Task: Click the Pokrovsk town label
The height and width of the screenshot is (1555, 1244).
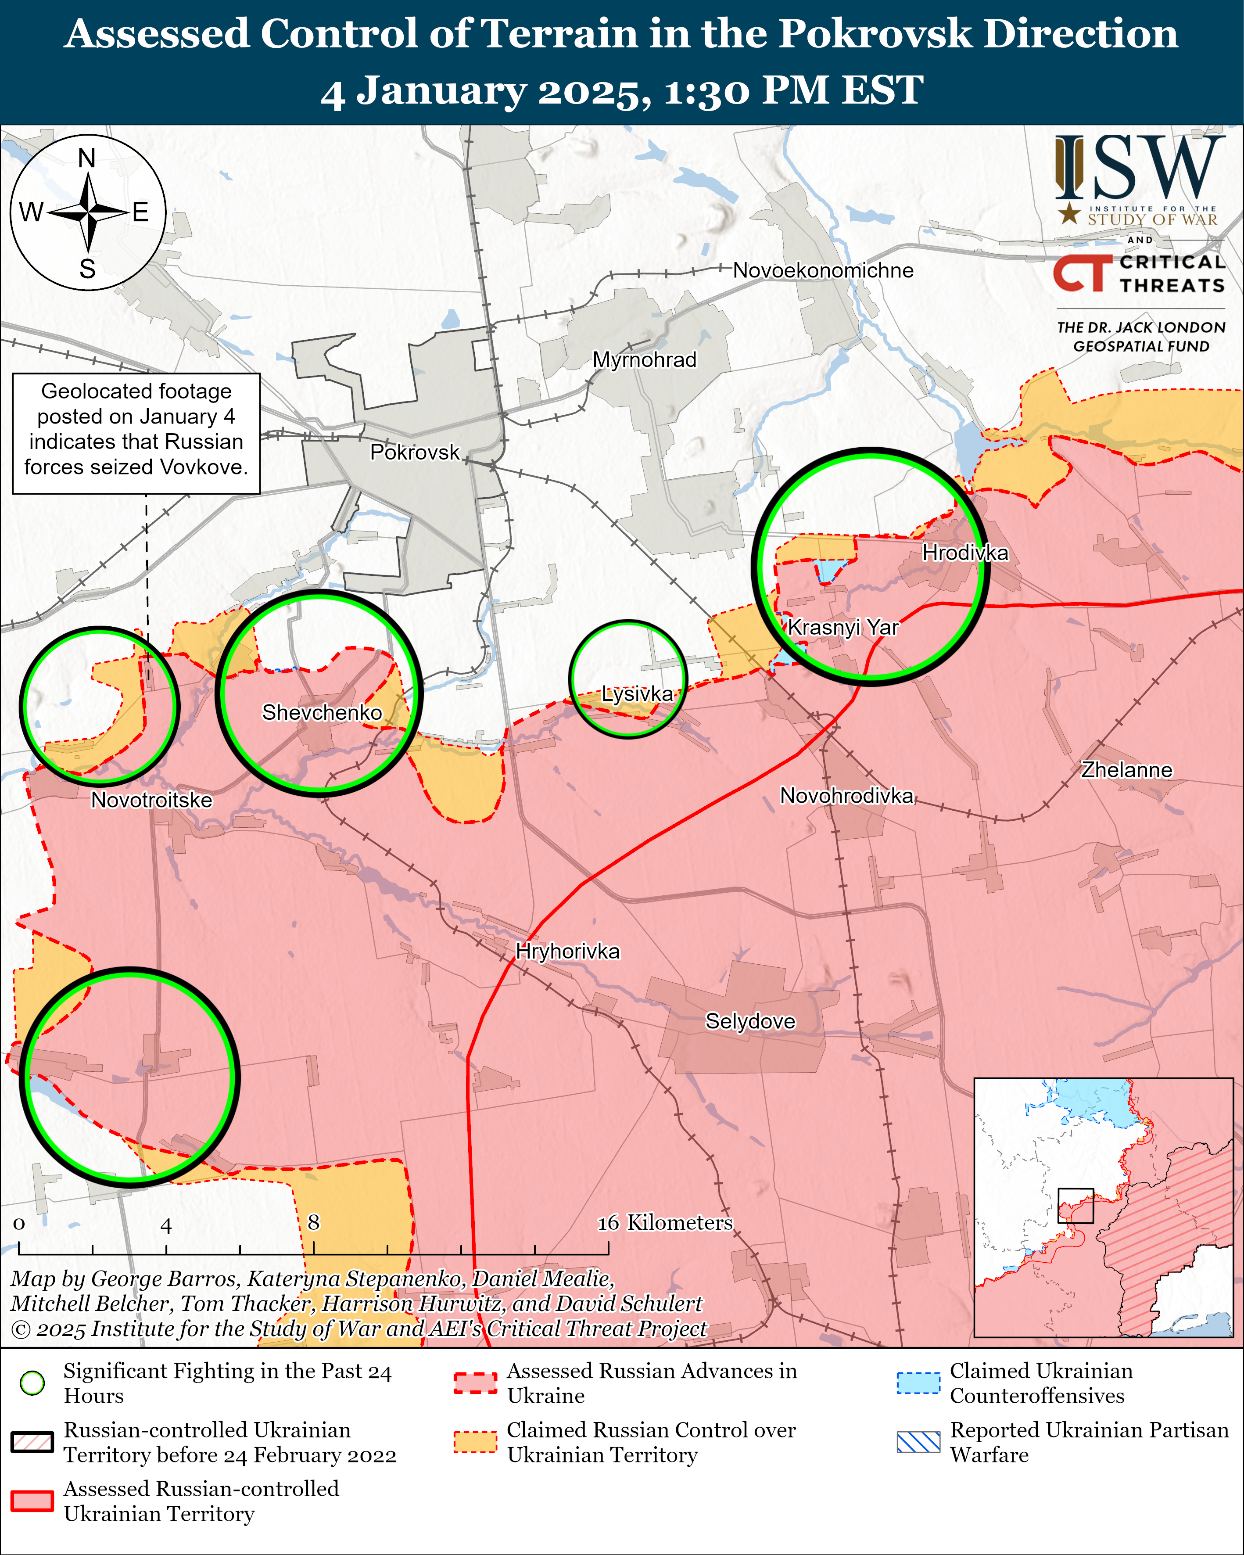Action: [x=415, y=452]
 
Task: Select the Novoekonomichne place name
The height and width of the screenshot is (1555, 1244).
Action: [x=823, y=270]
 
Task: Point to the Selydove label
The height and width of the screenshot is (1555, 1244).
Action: [x=750, y=1021]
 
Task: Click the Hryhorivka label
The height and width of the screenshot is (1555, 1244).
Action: [x=567, y=952]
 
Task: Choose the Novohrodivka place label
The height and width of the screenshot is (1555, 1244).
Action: [x=846, y=796]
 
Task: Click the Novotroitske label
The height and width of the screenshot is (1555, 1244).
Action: [x=151, y=800]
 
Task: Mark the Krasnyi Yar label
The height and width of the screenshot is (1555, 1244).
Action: [x=842, y=627]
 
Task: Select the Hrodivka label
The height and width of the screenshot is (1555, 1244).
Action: [x=965, y=553]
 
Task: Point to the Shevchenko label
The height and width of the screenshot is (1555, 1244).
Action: [x=322, y=713]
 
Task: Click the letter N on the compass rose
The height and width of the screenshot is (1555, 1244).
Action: [x=86, y=158]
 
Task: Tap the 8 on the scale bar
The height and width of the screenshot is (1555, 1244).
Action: [x=313, y=1222]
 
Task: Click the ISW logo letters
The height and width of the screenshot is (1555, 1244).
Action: [x=1140, y=169]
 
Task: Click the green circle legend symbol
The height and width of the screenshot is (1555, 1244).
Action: [x=32, y=1383]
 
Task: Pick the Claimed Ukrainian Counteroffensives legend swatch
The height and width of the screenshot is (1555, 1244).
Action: [x=918, y=1383]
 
